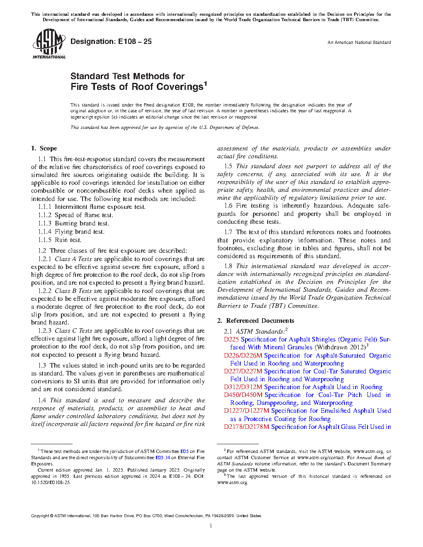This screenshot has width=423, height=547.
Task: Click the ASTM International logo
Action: pyautogui.click(x=49, y=43)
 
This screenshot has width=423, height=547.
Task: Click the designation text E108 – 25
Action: pyautogui.click(x=111, y=41)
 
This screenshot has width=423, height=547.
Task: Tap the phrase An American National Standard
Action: pyautogui.click(x=359, y=42)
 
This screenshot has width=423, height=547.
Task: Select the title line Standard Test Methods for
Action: pyautogui.click(x=127, y=76)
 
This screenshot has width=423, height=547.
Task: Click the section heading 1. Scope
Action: pyautogui.click(x=44, y=148)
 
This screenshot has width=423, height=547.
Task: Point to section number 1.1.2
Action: pyautogui.click(x=45, y=215)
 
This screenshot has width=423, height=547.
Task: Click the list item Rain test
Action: pyautogui.click(x=68, y=240)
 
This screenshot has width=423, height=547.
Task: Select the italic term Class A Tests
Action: pyautogui.click(x=73, y=259)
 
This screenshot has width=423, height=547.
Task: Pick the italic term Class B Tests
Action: pyautogui.click(x=73, y=291)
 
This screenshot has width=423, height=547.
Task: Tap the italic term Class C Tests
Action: pyautogui.click(x=73, y=331)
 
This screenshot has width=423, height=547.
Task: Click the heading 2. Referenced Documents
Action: pyautogui.click(x=255, y=321)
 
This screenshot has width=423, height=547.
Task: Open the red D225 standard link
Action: pyautogui.click(x=231, y=339)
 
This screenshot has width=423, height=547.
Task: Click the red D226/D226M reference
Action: pyautogui.click(x=243, y=356)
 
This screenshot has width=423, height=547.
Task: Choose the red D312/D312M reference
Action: pyautogui.click(x=243, y=387)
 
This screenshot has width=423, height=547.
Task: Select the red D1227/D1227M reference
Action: pyautogui.click(x=246, y=411)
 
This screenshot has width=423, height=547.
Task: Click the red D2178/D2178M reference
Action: pyautogui.click(x=246, y=427)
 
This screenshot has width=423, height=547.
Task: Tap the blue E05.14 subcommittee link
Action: pyautogui.click(x=163, y=457)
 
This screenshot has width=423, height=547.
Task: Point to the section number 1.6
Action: pyautogui.click(x=228, y=206)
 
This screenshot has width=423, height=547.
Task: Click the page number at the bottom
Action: pyautogui.click(x=211, y=526)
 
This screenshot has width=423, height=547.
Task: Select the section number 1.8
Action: pyautogui.click(x=228, y=266)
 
